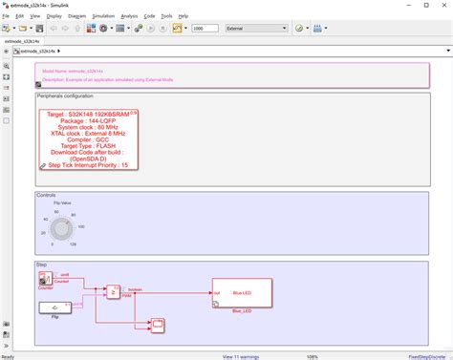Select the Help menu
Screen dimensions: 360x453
(x=183, y=16)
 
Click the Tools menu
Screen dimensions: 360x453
(x=166, y=16)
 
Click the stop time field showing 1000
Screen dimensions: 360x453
(x=205, y=29)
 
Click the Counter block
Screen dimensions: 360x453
(x=46, y=278)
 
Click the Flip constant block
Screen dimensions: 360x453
(x=54, y=307)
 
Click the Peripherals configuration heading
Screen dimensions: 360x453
(x=65, y=96)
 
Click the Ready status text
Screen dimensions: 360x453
(x=8, y=355)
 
